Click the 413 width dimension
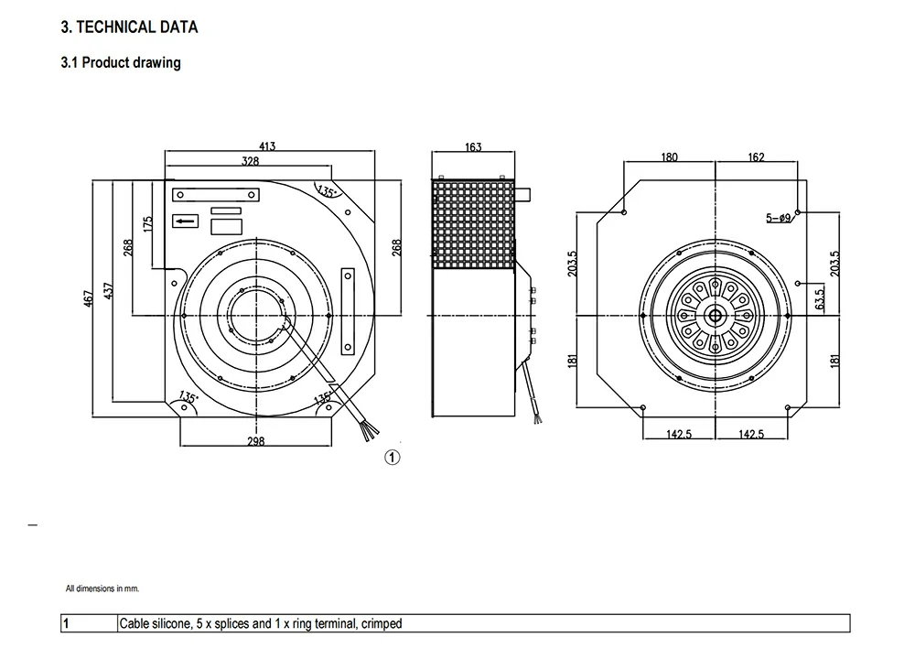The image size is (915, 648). point(267,146)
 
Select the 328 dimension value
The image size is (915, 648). point(251,161)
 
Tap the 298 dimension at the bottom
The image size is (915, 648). point(255,441)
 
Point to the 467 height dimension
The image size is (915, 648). point(88,299)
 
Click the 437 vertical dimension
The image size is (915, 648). point(109,291)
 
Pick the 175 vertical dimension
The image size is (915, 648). point(147,224)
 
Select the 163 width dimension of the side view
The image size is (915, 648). point(473,146)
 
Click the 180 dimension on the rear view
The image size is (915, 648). point(670,157)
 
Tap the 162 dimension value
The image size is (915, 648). point(756,157)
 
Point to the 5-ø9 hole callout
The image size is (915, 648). point(779,218)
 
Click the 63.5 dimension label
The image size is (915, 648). point(820,299)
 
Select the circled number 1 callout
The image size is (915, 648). point(393,457)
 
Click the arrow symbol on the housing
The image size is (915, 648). point(186,221)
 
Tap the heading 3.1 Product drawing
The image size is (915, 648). point(121,62)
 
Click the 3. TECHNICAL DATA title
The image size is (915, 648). point(130,27)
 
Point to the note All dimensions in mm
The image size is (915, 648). point(102,589)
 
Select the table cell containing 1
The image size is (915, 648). point(89,623)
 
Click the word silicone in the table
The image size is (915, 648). point(171,623)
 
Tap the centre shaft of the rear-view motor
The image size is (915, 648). point(715,316)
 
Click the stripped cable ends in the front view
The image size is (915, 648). point(369,432)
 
